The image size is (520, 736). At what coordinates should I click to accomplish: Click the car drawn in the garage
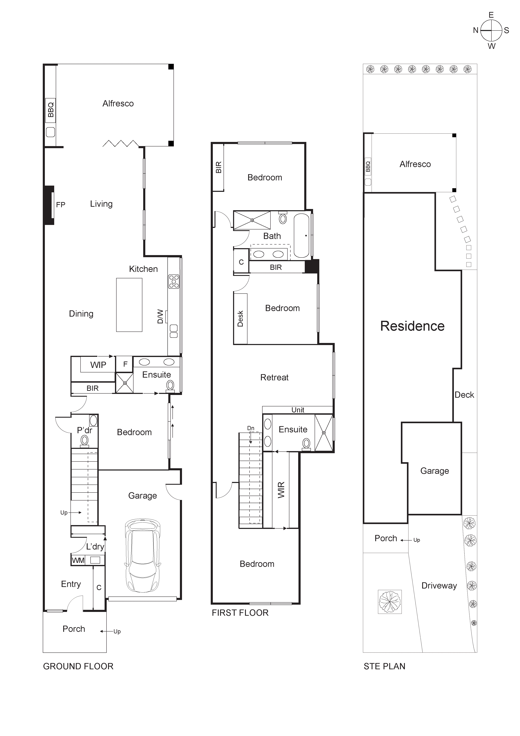(x=143, y=556)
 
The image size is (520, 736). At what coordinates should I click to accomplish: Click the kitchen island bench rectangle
(x=129, y=305)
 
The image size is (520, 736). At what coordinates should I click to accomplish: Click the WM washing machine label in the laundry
(x=78, y=560)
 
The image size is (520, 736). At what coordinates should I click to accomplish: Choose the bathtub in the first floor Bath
(x=301, y=236)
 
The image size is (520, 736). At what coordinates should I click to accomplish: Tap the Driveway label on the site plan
(x=439, y=585)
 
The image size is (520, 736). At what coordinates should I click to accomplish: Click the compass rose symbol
(x=491, y=31)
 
